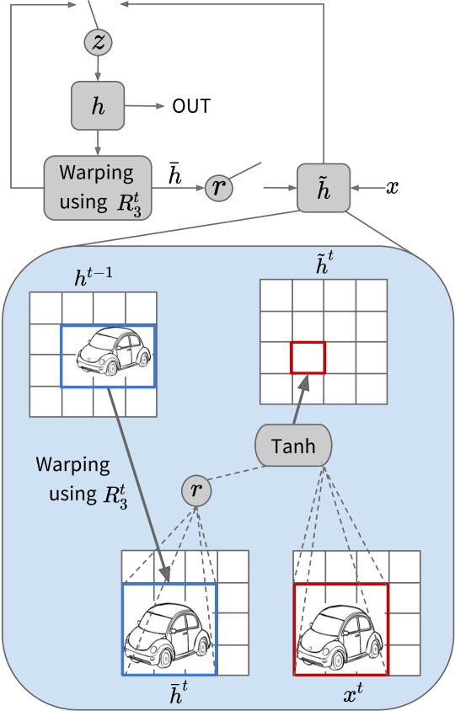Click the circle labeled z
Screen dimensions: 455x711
tap(98, 42)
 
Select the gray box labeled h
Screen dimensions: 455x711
tap(98, 105)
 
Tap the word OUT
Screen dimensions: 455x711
tap(191, 106)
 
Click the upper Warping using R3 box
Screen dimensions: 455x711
tap(98, 188)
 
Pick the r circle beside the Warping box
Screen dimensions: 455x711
tap(219, 187)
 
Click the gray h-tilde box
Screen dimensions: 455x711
tap(324, 188)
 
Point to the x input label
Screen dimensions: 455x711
tap(392, 187)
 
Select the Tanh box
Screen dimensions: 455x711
tap(293, 446)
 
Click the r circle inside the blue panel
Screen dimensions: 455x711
tap(196, 490)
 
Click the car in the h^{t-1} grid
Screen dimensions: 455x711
tap(114, 350)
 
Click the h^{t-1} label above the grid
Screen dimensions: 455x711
tap(93, 277)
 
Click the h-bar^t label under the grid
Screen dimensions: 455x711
tap(179, 692)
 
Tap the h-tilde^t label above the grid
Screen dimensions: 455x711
tap(324, 263)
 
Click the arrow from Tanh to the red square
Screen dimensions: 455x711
tap(301, 399)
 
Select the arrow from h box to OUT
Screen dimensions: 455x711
tap(144, 106)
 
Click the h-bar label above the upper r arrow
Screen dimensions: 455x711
tap(175, 174)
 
